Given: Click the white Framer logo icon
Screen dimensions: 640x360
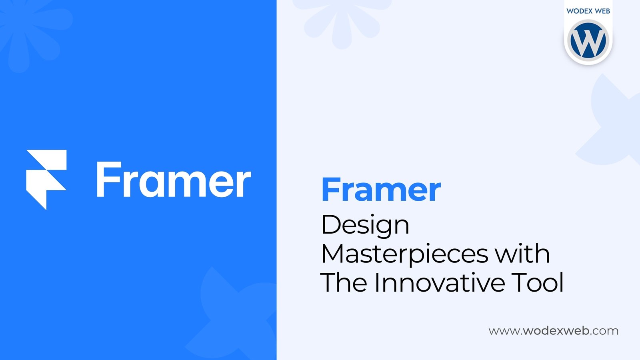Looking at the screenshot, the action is [x=46, y=180].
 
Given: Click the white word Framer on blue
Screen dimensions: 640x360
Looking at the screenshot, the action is [x=174, y=180].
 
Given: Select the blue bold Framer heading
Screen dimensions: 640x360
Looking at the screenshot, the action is [x=381, y=190].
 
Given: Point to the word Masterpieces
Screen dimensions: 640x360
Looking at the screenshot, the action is [x=405, y=255].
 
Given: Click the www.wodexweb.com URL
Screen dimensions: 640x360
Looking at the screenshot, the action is [x=554, y=331].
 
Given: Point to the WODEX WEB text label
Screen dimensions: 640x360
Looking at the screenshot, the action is [x=588, y=11].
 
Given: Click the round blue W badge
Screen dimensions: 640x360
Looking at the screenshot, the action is [x=588, y=40].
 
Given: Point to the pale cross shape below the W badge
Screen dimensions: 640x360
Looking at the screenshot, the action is [x=612, y=120].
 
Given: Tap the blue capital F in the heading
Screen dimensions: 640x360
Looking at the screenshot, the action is [x=330, y=190].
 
